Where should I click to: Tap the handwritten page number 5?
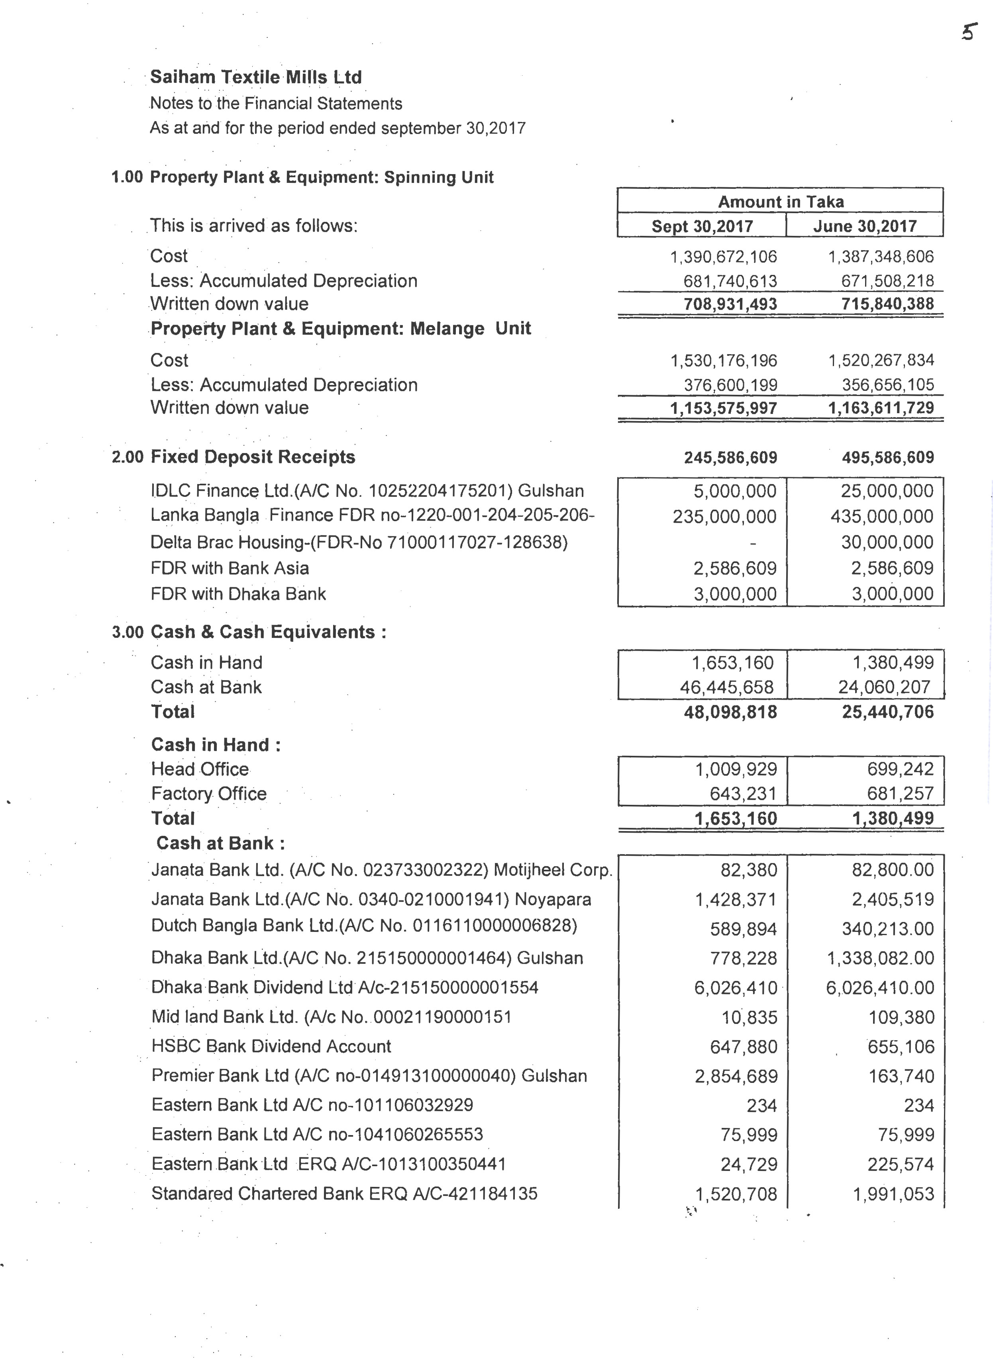point(968,31)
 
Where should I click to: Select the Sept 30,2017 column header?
point(702,227)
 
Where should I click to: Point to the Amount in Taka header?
point(780,202)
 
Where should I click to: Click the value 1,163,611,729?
point(881,408)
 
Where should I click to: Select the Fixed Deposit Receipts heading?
point(253,457)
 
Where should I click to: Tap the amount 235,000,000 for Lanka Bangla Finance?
point(724,516)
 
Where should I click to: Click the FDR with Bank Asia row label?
point(230,568)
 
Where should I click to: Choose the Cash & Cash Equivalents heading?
point(268,632)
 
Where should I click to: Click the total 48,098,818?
point(730,712)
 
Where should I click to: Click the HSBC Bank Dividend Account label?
point(271,1047)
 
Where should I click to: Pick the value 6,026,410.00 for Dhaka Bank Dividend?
point(880,988)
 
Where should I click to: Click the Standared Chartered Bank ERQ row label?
point(344,1193)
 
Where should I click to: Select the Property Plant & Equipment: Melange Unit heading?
point(340,329)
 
